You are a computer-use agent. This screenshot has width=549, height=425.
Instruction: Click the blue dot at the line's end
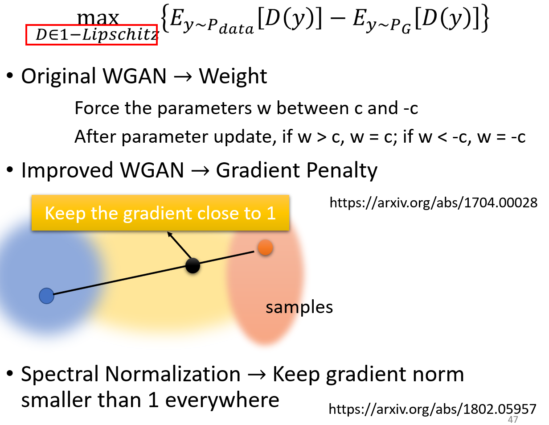pyautogui.click(x=46, y=296)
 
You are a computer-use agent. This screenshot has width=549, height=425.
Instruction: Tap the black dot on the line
pyautogui.click(x=193, y=265)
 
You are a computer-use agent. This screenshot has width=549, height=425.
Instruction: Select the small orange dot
pyautogui.click(x=265, y=247)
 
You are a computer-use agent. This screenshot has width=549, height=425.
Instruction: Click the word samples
pyautogui.click(x=299, y=307)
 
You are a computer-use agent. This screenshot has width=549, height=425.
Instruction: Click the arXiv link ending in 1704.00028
pyautogui.click(x=434, y=203)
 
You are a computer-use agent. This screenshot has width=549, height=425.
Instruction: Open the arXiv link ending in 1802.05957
pyautogui.click(x=432, y=409)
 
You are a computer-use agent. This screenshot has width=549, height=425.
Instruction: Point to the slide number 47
pyautogui.click(x=513, y=420)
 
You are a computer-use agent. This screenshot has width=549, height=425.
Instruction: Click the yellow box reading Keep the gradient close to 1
pyautogui.click(x=160, y=213)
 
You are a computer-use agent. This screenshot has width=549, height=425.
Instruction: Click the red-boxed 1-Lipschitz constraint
pyautogui.click(x=91, y=35)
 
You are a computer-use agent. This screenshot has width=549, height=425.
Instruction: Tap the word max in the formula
pyautogui.click(x=98, y=18)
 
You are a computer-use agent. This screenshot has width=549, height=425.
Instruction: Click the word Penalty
pyautogui.click(x=342, y=170)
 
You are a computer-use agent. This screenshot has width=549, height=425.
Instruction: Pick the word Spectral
pyautogui.click(x=60, y=374)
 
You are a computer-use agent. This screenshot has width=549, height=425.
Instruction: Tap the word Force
pyautogui.click(x=97, y=108)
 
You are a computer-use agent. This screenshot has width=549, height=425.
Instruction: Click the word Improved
pyautogui.click(x=67, y=170)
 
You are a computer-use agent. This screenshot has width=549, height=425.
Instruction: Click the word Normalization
pyautogui.click(x=173, y=374)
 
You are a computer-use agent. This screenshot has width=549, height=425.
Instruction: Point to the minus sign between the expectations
pyautogui.click(x=337, y=19)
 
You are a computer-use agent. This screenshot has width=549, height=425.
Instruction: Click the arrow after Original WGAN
pyautogui.click(x=183, y=77)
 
